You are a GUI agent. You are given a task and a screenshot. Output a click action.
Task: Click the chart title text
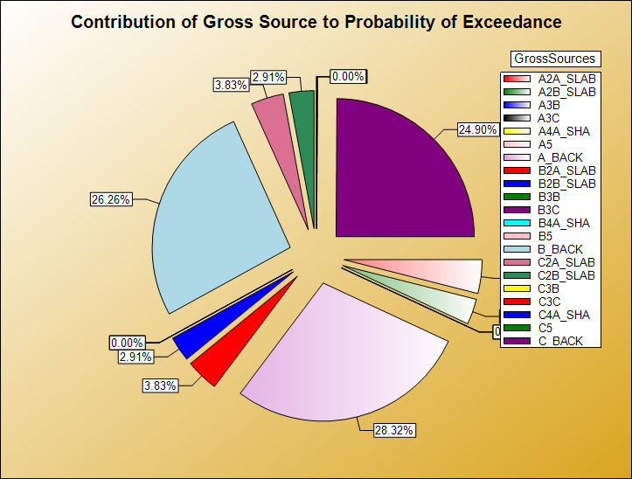(316, 22)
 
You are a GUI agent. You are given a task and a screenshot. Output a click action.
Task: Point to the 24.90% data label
(477, 129)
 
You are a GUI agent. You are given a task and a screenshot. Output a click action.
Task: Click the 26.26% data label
(110, 199)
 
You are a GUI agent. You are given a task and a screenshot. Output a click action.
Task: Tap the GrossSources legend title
(554, 59)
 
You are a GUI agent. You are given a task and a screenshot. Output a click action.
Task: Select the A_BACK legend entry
(560, 157)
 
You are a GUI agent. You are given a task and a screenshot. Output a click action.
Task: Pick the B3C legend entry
(548, 210)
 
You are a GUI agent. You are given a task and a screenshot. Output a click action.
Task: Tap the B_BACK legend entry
(560, 249)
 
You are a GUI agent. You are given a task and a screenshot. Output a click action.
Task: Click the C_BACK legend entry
(560, 341)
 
